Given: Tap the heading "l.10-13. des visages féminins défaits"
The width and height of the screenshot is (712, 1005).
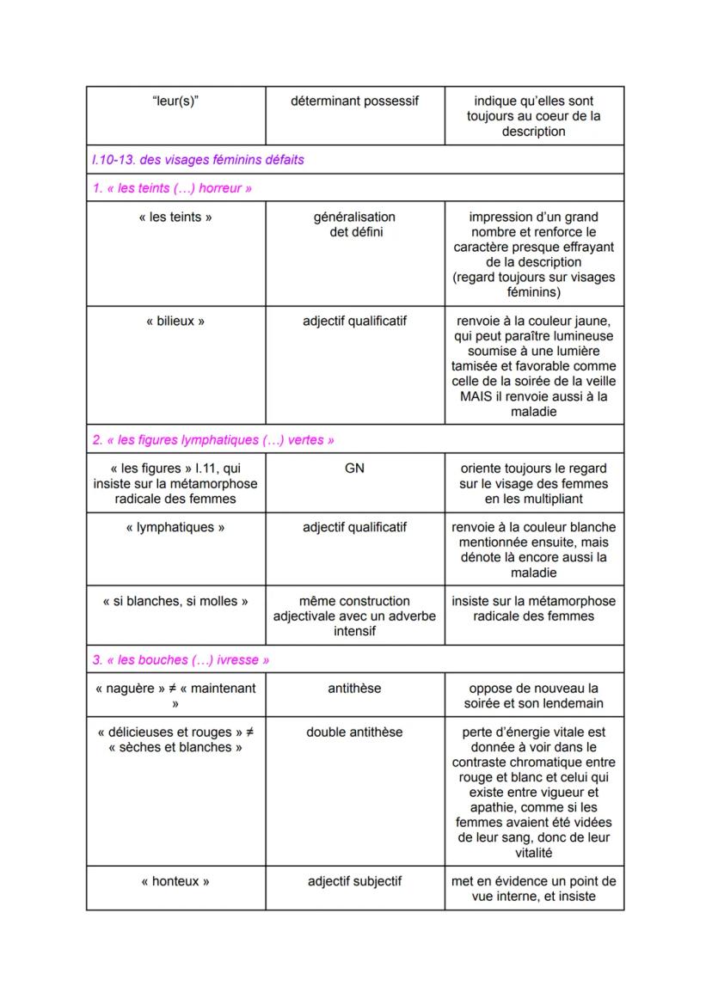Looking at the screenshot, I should (x=198, y=159).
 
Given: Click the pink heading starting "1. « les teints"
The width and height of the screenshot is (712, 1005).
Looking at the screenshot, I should (x=172, y=188).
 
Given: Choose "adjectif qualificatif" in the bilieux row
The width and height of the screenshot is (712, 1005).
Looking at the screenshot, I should (x=354, y=322).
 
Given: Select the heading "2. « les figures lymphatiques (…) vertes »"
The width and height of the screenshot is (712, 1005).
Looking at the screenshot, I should (x=213, y=440).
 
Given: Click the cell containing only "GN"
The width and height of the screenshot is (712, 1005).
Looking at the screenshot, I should (x=354, y=469).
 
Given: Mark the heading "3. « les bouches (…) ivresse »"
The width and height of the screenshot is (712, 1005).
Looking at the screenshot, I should (x=181, y=660).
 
